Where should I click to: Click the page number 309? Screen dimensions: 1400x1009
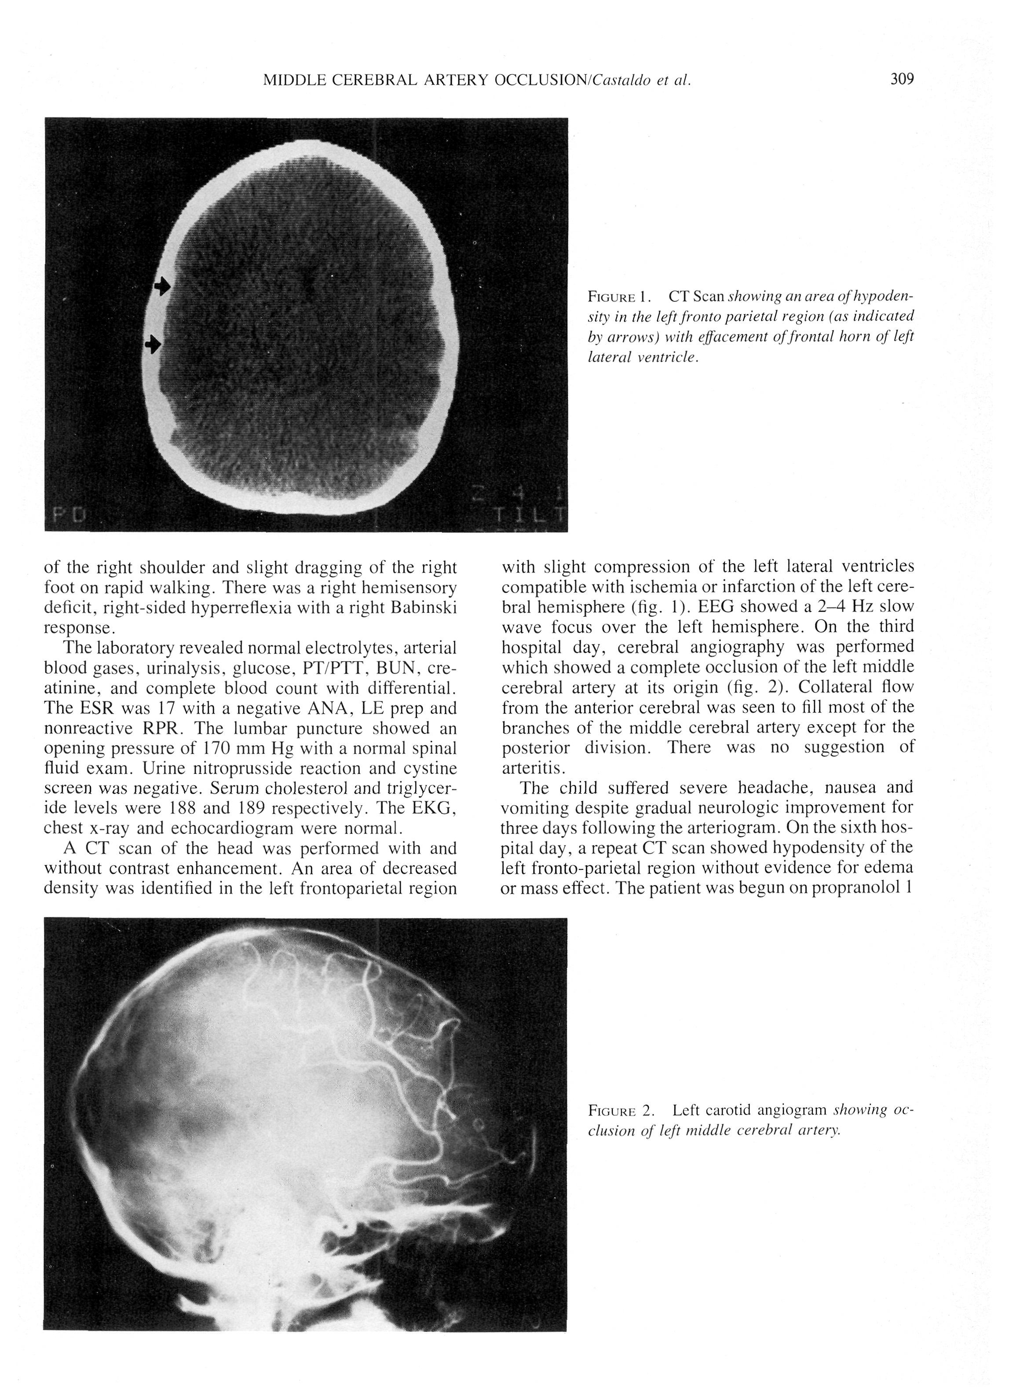(x=902, y=80)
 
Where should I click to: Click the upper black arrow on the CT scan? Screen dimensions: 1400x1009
(x=162, y=286)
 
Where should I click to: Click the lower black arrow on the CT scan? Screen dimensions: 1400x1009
(x=152, y=345)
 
